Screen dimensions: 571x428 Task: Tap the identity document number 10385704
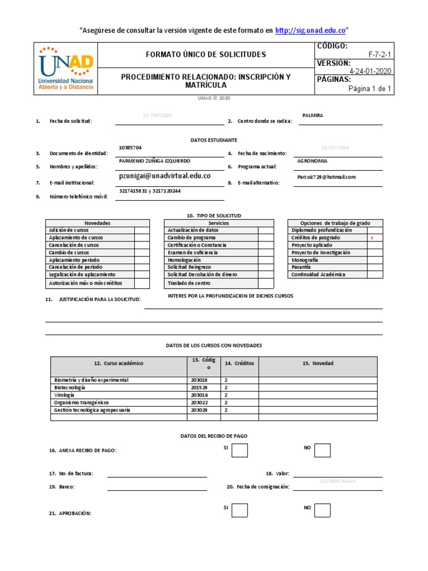130,148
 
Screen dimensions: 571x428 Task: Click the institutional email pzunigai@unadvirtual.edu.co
165,175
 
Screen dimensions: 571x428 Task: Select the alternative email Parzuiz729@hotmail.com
326,177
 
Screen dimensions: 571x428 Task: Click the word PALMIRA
312,115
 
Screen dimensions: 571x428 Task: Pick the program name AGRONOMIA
313,161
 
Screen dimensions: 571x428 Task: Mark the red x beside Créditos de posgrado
372,238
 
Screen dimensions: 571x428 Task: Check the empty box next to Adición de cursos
142,230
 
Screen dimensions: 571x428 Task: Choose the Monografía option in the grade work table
304,260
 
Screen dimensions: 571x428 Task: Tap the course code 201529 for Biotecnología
199,388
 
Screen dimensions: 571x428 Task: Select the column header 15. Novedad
318,364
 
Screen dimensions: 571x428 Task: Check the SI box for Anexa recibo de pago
240,451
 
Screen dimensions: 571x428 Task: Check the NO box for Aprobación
322,510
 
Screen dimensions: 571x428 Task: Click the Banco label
66,487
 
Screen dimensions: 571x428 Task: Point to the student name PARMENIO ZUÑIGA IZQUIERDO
155,161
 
